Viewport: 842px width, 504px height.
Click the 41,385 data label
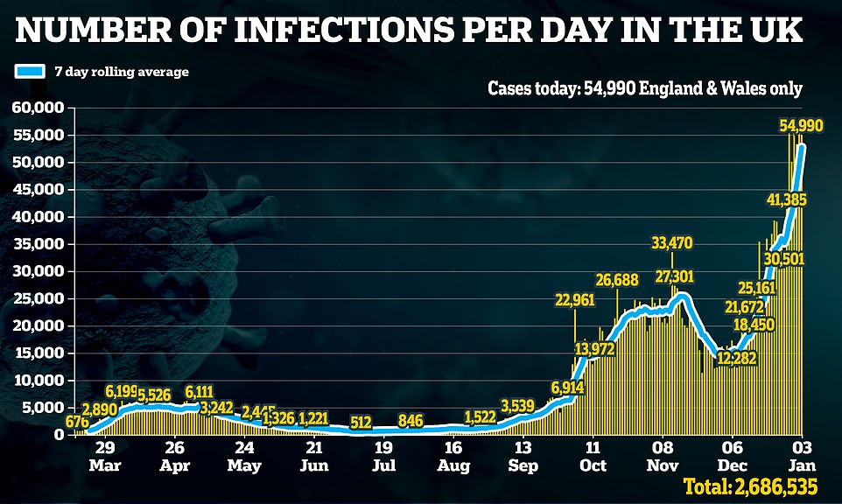[785, 199]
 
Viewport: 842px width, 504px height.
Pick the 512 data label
[361, 423]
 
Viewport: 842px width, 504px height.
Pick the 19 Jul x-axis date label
[382, 451]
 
